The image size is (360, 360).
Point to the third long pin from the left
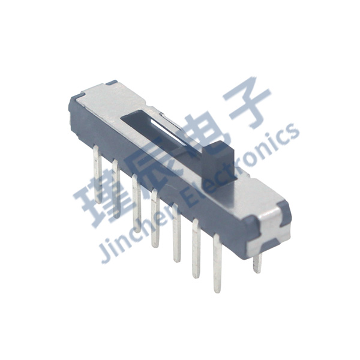pos(136,204)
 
